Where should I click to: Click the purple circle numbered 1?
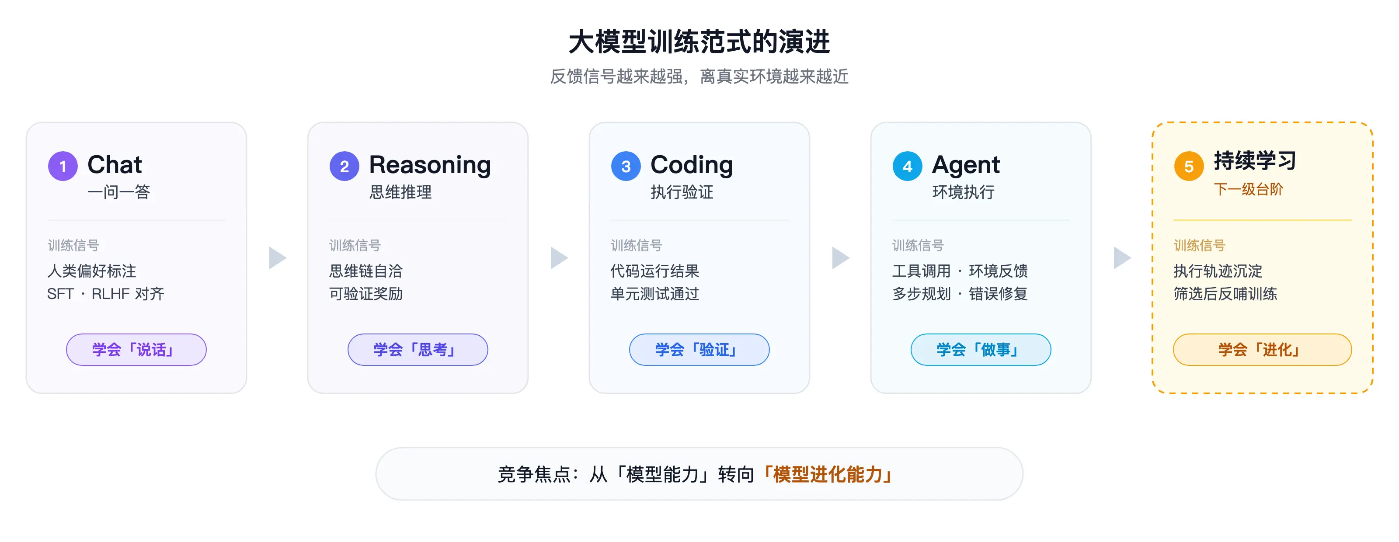(x=63, y=166)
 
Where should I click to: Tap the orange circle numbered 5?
(x=1189, y=166)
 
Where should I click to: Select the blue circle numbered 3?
(x=626, y=166)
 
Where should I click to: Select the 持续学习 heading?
(x=1255, y=161)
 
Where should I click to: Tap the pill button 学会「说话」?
(x=136, y=349)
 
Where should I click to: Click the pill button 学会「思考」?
(x=418, y=349)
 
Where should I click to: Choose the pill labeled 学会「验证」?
(x=699, y=349)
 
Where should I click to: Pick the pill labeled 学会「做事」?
(x=981, y=349)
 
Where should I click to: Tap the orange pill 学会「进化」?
(x=1262, y=349)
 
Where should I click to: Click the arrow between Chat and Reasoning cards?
(x=277, y=258)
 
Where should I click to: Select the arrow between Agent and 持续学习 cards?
(x=1121, y=258)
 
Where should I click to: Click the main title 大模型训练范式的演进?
(x=699, y=42)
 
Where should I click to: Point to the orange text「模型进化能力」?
(x=828, y=474)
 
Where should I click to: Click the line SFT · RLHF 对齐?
(x=105, y=294)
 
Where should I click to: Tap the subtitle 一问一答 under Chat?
(x=118, y=192)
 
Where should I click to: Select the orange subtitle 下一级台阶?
(x=1248, y=189)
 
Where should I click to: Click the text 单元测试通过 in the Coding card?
(x=654, y=294)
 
